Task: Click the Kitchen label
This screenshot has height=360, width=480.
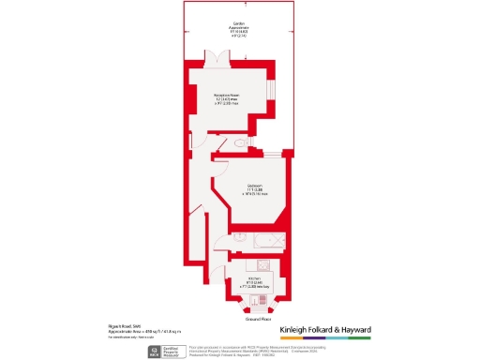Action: coord(253,280)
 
